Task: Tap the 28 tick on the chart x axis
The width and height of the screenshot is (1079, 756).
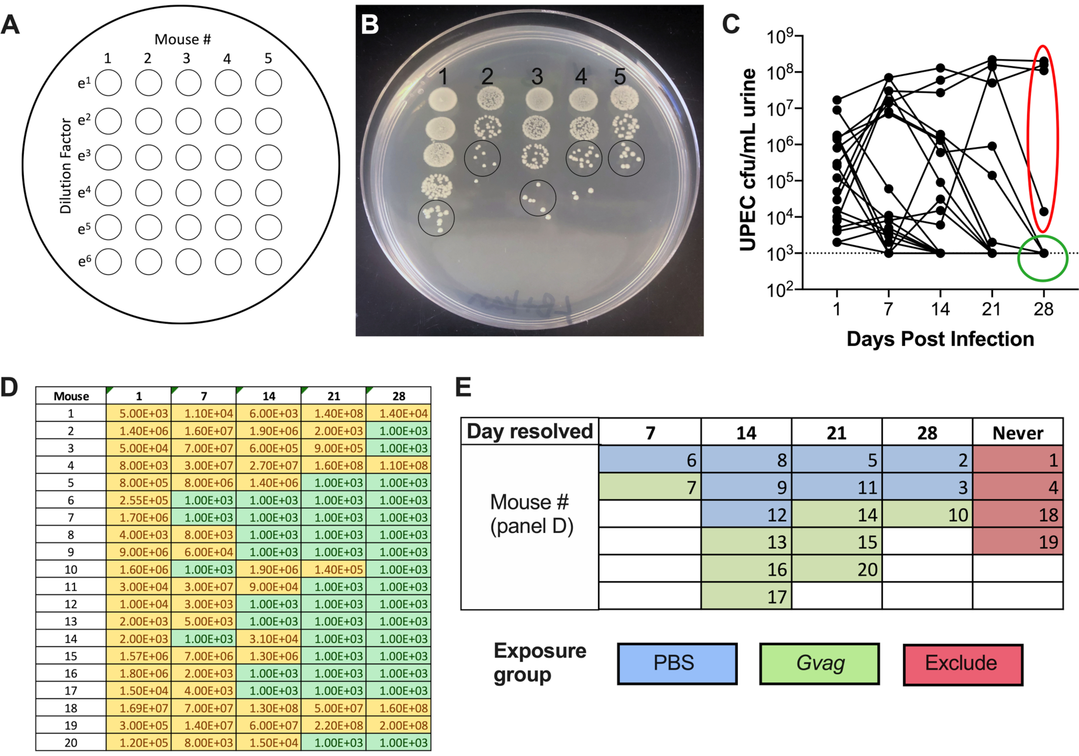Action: [1043, 309]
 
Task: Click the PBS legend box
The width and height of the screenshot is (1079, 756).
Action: [677, 664]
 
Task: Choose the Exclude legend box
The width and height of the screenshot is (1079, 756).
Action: [962, 664]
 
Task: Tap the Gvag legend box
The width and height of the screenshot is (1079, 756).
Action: [820, 664]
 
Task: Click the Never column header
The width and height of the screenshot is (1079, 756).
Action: [1017, 432]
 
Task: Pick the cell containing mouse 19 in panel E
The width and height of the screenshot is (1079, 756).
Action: [1017, 541]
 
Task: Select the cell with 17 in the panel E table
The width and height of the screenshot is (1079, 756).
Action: [746, 596]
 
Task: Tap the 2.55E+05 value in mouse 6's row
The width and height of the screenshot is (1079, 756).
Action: [139, 500]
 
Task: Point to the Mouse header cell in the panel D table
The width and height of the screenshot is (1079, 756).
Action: [71, 396]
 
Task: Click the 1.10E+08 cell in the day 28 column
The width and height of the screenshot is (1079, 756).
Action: [399, 465]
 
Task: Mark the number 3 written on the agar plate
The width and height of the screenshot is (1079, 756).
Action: [537, 77]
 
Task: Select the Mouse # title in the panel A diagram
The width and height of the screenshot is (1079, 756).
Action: [183, 40]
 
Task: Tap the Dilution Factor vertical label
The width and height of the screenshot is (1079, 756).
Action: [66, 166]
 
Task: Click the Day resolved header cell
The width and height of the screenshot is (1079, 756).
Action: [530, 431]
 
